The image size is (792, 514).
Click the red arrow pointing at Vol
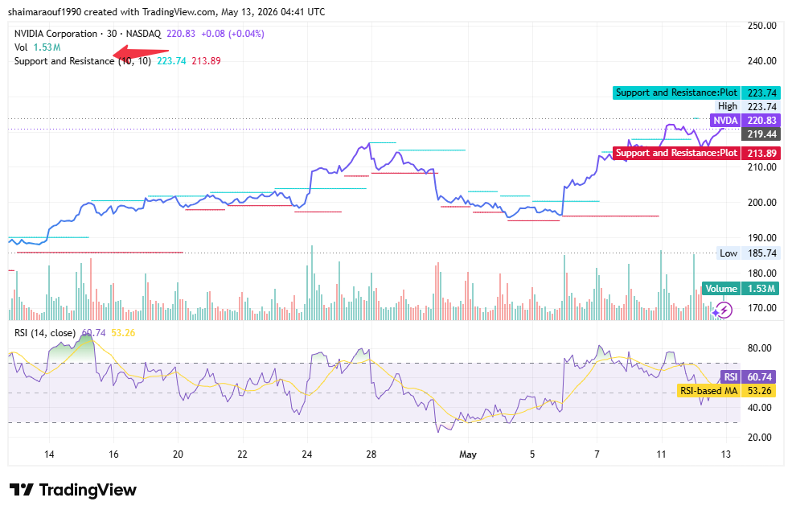pos(141,51)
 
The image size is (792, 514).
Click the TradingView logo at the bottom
pos(73,490)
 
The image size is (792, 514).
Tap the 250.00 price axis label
pos(761,26)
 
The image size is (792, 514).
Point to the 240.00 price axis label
pos(761,61)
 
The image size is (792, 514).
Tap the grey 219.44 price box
pos(761,134)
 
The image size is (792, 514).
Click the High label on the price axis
pos(728,107)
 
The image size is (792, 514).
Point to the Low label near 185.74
pos(728,253)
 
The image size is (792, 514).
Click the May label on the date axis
pos(468,454)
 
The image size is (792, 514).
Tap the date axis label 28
pos(371,454)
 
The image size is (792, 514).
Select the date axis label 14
pos(49,454)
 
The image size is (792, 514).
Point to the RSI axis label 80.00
pos(760,348)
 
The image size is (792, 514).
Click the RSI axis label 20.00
pos(760,438)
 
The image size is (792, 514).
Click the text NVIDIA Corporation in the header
pos(55,34)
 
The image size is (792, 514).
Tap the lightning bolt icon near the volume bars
pos(724,310)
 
